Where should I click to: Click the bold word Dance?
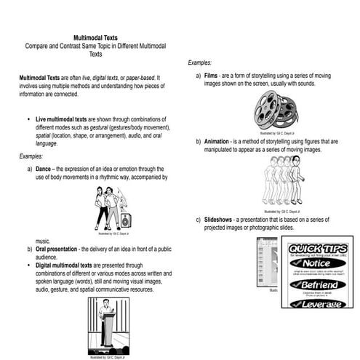pos(46,168)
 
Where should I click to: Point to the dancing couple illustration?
pos(113,207)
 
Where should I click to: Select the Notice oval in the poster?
pos(316,263)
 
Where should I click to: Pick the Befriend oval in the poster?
pos(317,284)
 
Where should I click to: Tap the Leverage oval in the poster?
pos(317,304)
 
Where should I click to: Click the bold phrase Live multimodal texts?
pos(61,119)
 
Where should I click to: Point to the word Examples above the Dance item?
pos(33,156)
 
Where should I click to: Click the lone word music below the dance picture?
pos(44,240)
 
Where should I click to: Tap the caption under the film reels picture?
pos(277,133)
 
